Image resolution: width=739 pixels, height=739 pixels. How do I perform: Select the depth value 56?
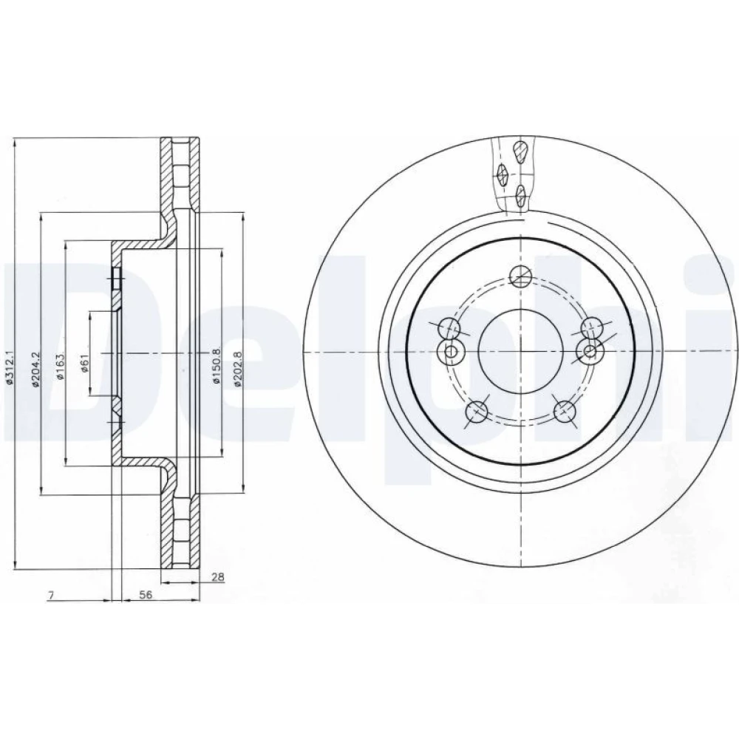tap(146, 595)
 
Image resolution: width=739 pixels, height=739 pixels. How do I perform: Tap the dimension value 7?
tap(52, 595)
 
